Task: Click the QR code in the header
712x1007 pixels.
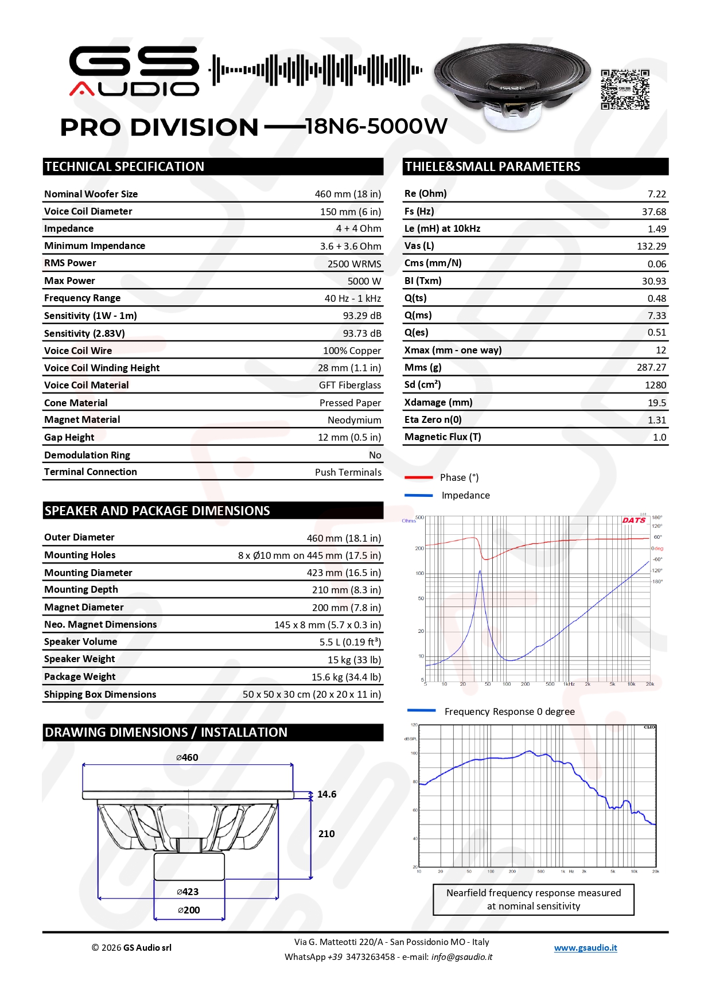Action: pos(625,89)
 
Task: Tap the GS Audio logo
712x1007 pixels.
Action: pos(134,71)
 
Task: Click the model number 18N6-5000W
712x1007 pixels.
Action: pos(376,126)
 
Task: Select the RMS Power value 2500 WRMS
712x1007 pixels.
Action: pos(354,264)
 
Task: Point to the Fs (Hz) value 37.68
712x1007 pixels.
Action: pos(653,212)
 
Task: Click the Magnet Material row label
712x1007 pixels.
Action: pos(82,419)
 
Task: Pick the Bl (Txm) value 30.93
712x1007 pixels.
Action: pos(653,281)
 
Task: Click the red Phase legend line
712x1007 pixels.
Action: pos(418,477)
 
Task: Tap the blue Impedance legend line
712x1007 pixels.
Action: pos(418,495)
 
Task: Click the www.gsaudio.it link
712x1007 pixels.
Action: pos(585,948)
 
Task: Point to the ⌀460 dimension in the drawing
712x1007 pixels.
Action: pos(188,757)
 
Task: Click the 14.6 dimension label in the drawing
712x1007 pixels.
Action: pos(326,794)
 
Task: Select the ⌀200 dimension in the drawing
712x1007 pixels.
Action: pos(189,910)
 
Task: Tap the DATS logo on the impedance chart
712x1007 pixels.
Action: pos(634,520)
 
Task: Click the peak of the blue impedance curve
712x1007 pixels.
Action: pos(480,571)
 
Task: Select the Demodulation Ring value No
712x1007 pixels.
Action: pos(375,455)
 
